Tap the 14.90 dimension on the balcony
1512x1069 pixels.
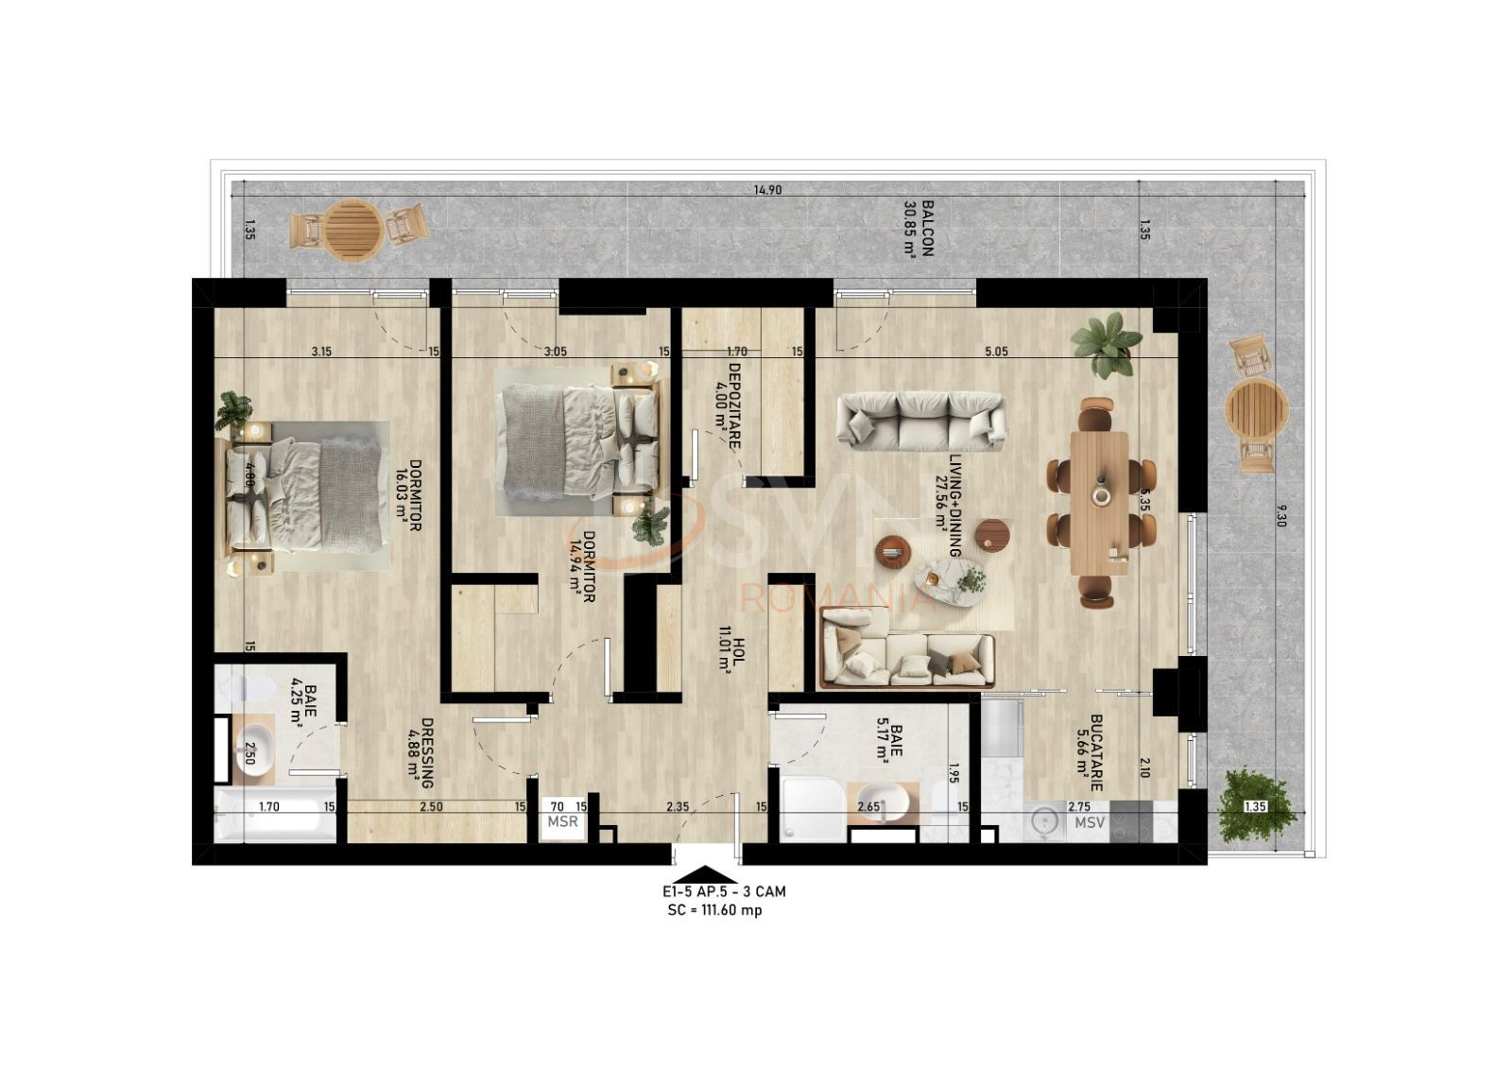[x=767, y=190]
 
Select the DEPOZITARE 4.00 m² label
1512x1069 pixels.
[x=728, y=405]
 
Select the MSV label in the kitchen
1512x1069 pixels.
[x=1090, y=822]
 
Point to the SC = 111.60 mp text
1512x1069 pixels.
[x=714, y=910]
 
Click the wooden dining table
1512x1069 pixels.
[x=1100, y=503]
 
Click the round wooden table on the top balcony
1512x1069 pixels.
[x=353, y=231]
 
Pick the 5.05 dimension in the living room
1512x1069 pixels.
[x=996, y=352]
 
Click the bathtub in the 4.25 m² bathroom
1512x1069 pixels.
[x=275, y=819]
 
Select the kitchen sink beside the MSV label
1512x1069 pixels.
[x=1043, y=821]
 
